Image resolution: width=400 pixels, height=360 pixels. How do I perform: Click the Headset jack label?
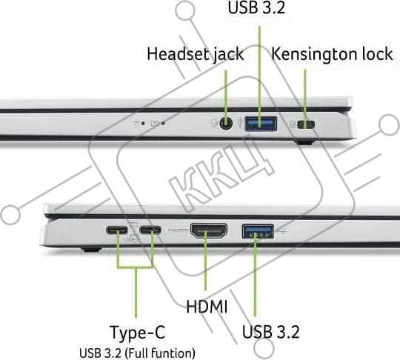click(x=195, y=54)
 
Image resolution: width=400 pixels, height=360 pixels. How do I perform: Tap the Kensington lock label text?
click(x=332, y=54)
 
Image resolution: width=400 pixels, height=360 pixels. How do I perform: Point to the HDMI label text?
click(x=207, y=307)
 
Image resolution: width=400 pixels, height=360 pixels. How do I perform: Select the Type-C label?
click(x=138, y=333)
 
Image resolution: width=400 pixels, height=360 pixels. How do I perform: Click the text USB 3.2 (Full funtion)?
click(x=137, y=353)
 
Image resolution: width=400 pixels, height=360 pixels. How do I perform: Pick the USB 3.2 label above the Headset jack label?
click(x=256, y=7)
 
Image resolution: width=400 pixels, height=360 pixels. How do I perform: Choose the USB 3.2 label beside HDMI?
click(x=270, y=332)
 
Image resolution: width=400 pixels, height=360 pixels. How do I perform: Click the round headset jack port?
click(x=226, y=124)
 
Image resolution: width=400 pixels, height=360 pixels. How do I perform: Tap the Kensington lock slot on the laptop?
click(x=306, y=124)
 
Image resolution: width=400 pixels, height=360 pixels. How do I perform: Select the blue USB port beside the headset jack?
click(x=261, y=124)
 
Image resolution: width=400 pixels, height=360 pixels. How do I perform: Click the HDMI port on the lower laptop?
click(x=209, y=230)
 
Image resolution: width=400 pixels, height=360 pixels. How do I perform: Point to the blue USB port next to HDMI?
click(x=258, y=231)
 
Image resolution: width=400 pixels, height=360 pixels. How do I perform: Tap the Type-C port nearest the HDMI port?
click(x=150, y=230)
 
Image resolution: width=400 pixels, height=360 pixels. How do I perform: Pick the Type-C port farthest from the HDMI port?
click(x=117, y=230)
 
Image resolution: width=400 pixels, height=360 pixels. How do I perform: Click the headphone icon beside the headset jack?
click(x=215, y=123)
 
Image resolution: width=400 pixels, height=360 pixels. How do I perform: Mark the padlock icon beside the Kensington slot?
click(x=293, y=124)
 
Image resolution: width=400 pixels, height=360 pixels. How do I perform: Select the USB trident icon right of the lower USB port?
click(x=281, y=231)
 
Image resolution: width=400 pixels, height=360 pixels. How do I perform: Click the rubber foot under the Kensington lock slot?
click(x=304, y=142)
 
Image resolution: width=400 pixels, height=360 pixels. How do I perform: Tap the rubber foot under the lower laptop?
click(x=91, y=250)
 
